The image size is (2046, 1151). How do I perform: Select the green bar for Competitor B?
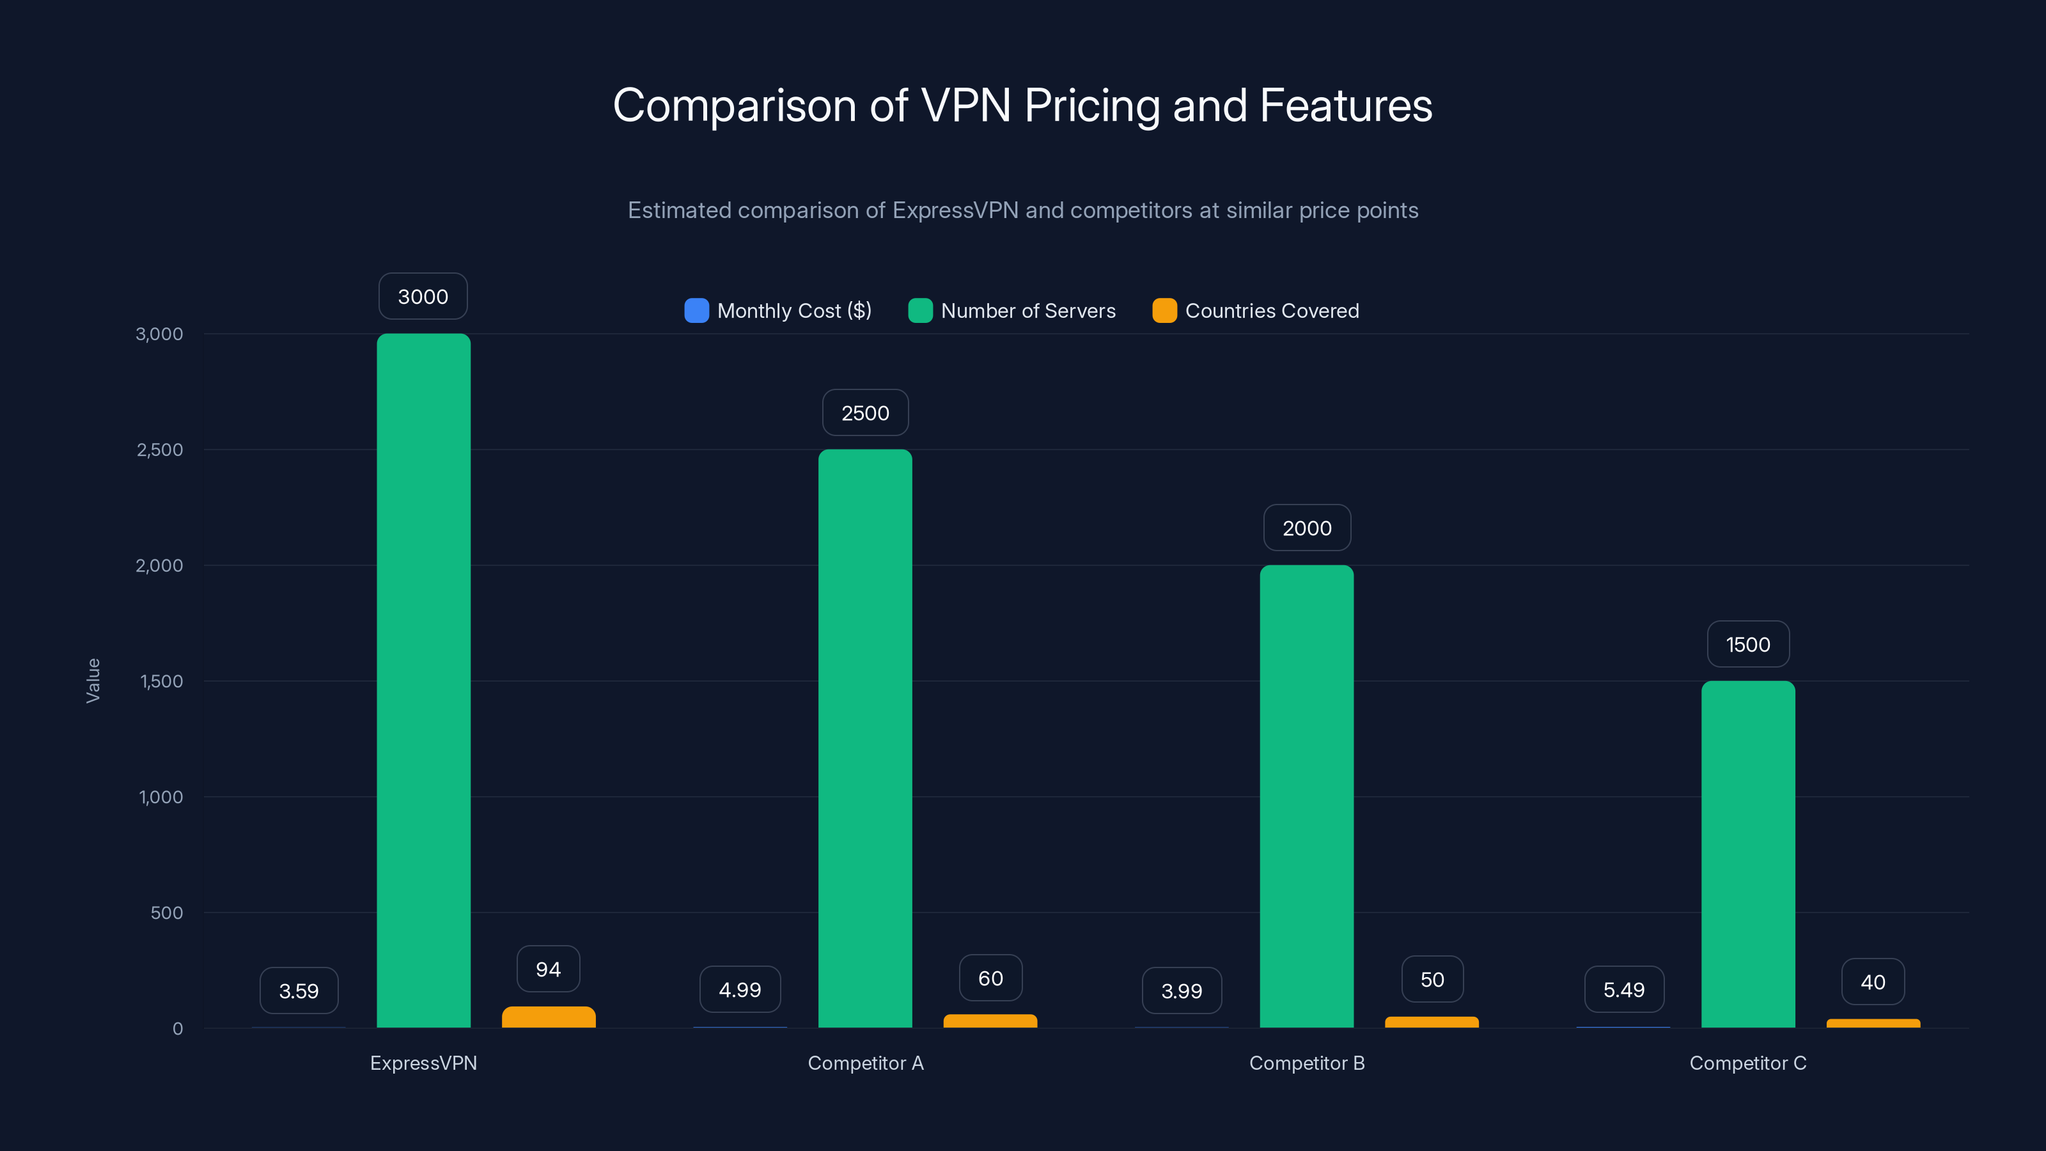[1306, 796]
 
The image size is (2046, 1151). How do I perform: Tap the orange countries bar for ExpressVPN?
[548, 1017]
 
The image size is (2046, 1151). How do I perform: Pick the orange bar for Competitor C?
[1873, 1023]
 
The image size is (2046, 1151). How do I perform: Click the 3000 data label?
[423, 296]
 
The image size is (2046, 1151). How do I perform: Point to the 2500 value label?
[865, 413]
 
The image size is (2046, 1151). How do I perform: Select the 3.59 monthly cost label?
[299, 990]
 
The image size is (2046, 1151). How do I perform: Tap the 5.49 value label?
[1623, 990]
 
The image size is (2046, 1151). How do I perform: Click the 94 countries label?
[548, 969]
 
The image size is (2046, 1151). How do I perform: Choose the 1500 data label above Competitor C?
[1747, 644]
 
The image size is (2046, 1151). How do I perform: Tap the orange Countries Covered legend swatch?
[1164, 311]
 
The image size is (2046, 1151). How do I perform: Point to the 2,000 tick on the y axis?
[160, 565]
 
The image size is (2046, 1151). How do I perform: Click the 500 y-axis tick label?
[167, 912]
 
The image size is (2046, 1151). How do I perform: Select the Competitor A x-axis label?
[865, 1063]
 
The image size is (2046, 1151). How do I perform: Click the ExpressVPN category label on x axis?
[423, 1063]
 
